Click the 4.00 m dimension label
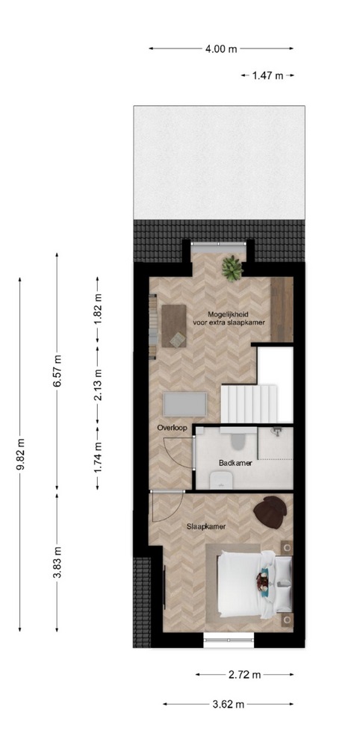point(221,49)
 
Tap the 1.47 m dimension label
point(267,75)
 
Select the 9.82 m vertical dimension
point(20,454)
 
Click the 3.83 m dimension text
point(57,562)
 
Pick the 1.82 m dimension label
point(97,310)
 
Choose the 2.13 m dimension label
point(97,385)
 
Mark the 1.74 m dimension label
point(97,458)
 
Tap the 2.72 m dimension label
point(245,675)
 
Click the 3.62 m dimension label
point(229,704)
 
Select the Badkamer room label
point(235,463)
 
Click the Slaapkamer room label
point(206,526)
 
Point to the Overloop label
point(172,428)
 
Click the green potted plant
point(232,269)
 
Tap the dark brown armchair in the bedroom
point(270,512)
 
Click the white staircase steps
point(249,404)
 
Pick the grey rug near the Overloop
point(185,405)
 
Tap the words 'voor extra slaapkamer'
point(229,323)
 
